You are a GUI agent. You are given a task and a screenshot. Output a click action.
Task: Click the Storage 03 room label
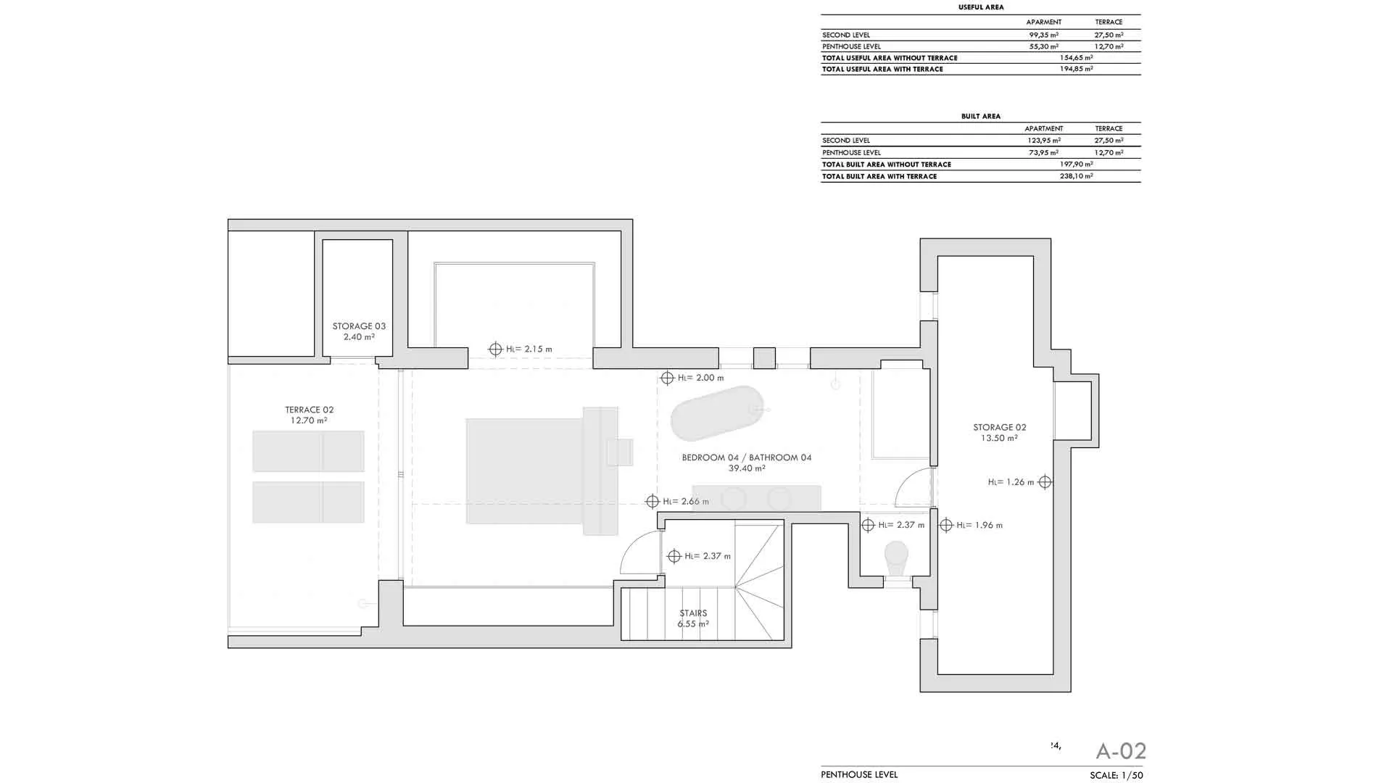[x=359, y=331]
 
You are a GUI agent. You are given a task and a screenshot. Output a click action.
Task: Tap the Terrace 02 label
[x=309, y=415]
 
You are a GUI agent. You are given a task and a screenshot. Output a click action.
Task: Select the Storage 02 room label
[x=999, y=432]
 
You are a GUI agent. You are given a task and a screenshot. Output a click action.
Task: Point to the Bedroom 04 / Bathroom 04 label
[x=747, y=463]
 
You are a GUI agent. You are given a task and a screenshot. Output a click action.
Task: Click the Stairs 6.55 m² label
[x=693, y=618]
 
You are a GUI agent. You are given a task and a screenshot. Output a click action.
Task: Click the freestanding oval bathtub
[x=717, y=413]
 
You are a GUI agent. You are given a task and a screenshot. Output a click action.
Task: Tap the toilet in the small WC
[x=897, y=558]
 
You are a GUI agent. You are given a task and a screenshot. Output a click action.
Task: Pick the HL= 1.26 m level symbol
[x=1045, y=482]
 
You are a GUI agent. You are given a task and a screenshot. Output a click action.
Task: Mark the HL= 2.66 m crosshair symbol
[x=652, y=502]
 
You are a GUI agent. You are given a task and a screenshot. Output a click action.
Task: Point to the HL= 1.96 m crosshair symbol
[x=946, y=525]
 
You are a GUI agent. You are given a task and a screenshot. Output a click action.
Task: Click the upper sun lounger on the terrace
[x=308, y=451]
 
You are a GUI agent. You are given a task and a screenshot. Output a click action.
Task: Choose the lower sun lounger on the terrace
[x=308, y=502]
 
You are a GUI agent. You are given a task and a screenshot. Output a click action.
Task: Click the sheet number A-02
[x=1121, y=751]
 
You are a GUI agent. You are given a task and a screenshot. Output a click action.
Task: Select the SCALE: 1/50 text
[x=1116, y=775]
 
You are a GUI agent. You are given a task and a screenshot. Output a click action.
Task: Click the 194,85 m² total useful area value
[x=1077, y=69]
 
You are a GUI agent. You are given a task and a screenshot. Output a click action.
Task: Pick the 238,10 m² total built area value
[x=1077, y=176]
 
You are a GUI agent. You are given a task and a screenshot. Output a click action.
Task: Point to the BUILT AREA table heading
[x=981, y=116]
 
